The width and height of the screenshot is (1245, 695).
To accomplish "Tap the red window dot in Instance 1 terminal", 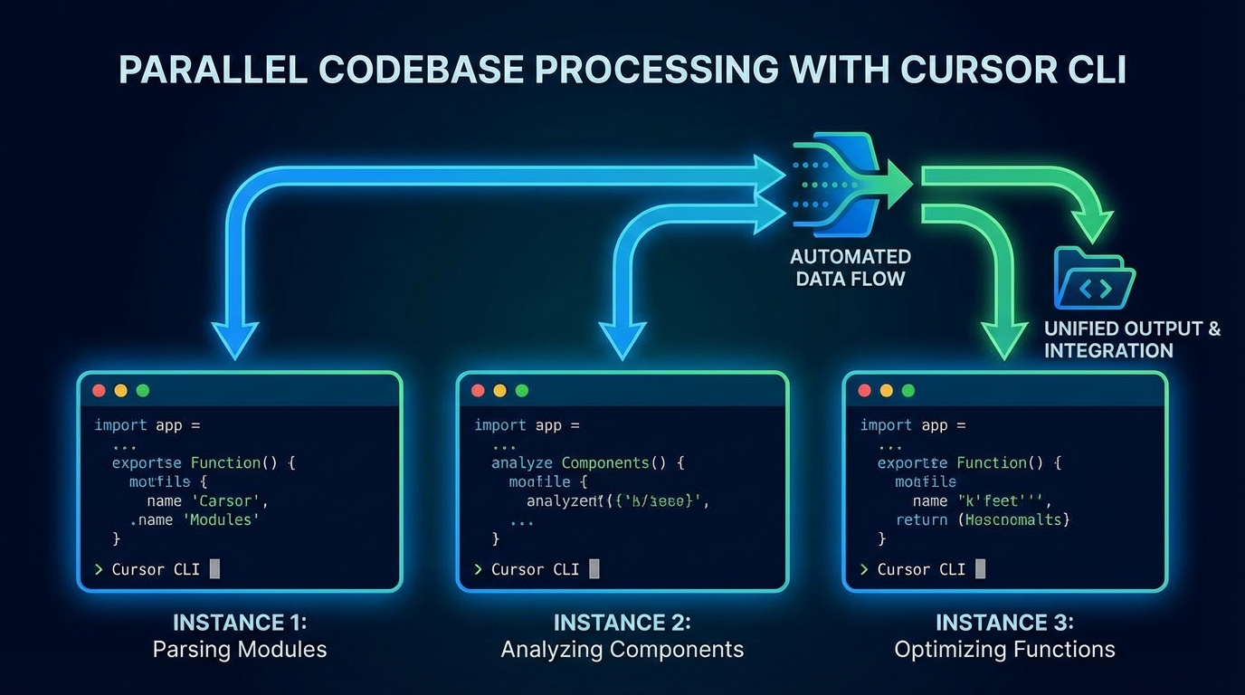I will [99, 391].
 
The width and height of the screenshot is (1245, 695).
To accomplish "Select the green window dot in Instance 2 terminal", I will [521, 391].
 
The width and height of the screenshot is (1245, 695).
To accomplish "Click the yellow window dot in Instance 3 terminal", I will [886, 391].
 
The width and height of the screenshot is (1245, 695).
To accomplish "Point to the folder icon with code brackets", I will [1094, 280].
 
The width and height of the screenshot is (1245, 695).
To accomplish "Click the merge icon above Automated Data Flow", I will [837, 184].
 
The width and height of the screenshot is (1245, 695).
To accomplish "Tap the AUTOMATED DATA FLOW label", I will [850, 268].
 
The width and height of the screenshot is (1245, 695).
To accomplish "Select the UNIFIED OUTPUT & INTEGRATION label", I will [1131, 339].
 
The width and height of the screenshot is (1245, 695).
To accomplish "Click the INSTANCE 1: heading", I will [240, 623].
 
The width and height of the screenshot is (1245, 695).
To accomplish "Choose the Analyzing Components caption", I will [622, 650].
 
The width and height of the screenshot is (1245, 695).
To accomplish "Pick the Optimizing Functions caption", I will [1004, 650].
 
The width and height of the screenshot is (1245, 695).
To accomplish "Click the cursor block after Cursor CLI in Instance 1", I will [214, 569].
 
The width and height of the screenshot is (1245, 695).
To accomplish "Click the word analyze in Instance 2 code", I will [523, 462].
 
